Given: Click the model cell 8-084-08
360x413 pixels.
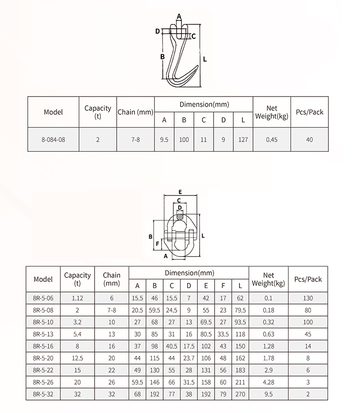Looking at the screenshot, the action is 53,140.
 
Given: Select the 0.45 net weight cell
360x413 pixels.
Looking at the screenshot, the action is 272,140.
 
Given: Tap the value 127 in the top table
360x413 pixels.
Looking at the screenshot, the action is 243,140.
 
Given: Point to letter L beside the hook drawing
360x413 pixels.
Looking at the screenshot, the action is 205,60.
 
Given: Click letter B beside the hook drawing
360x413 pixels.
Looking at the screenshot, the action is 163,57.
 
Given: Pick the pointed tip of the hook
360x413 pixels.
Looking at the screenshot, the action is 198,66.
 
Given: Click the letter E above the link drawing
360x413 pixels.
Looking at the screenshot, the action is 180,192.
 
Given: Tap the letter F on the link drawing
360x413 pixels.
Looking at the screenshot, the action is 157,243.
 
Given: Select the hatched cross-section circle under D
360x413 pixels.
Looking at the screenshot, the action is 180,217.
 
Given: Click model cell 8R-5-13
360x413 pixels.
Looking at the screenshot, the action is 43,334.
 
